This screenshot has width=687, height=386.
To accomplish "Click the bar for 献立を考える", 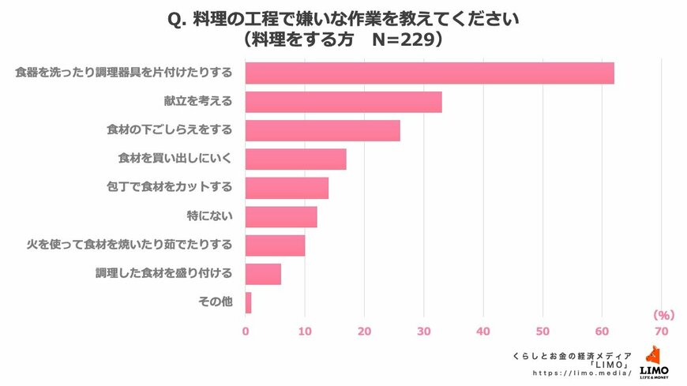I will pyautogui.click(x=343, y=102).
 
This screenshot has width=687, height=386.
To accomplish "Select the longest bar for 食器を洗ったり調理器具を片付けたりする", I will pyautogui.click(x=430, y=73).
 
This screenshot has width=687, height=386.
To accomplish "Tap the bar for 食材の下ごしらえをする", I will pyautogui.click(x=322, y=130).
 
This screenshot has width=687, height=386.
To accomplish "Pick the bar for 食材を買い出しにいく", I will pyautogui.click(x=295, y=159).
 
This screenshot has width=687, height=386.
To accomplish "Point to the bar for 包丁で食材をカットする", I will pyautogui.click(x=287, y=188).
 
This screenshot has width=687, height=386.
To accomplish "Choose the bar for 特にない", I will pyautogui.click(x=281, y=216).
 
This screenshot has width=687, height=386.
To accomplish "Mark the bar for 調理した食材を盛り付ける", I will pyautogui.click(x=263, y=274).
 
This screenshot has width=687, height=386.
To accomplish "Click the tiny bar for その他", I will pyautogui.click(x=249, y=302).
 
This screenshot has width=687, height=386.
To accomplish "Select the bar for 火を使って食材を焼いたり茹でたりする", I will pyautogui.click(x=275, y=245).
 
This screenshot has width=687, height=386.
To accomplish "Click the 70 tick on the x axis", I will pyautogui.click(x=661, y=332).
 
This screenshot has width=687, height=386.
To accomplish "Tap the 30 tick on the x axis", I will pyautogui.click(x=423, y=332).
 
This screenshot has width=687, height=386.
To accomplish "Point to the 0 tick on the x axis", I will pyautogui.click(x=246, y=332).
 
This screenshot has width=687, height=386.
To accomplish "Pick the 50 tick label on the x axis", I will pyautogui.click(x=542, y=332).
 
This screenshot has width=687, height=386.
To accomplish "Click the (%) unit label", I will pyautogui.click(x=660, y=313).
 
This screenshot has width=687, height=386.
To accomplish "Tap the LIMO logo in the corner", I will pyautogui.click(x=654, y=362).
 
